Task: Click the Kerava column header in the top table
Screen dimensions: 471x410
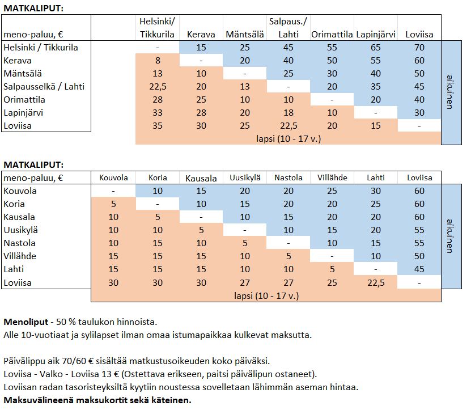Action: point(201,35)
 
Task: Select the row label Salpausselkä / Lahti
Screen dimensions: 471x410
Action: point(44,87)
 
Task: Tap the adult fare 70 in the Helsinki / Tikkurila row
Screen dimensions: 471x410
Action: point(419,48)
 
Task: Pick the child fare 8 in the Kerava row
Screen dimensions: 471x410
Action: point(158,61)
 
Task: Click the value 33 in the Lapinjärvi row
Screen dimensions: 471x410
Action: point(158,113)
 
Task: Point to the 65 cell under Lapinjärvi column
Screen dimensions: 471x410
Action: point(375,48)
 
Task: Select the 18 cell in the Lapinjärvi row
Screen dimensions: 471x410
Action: point(288,113)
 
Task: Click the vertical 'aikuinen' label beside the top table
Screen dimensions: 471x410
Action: point(450,92)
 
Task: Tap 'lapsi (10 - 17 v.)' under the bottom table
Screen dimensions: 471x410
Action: point(266,296)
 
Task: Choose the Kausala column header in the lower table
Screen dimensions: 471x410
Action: point(201,178)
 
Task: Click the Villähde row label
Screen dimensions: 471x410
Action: point(20,256)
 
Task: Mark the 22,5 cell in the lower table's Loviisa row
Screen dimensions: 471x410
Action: point(376,283)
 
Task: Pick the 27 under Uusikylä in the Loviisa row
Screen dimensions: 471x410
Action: point(245,283)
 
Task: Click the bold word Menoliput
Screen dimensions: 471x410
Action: point(26,322)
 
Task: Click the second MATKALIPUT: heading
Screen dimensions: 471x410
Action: point(33,164)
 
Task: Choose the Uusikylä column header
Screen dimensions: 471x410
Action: point(245,178)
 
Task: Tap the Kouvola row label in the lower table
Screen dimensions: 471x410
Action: point(20,191)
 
